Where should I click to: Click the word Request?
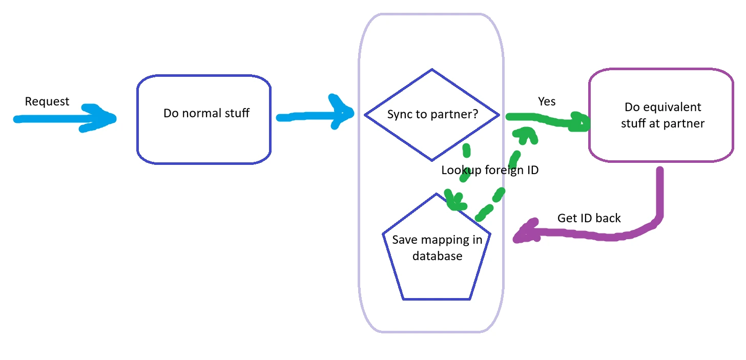(x=47, y=101)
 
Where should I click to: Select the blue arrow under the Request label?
(x=61, y=119)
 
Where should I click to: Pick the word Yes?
(x=547, y=101)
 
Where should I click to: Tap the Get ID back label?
(x=589, y=218)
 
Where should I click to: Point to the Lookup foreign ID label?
(x=490, y=171)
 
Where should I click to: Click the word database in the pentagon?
(x=437, y=256)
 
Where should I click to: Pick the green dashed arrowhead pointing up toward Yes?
(x=525, y=135)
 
